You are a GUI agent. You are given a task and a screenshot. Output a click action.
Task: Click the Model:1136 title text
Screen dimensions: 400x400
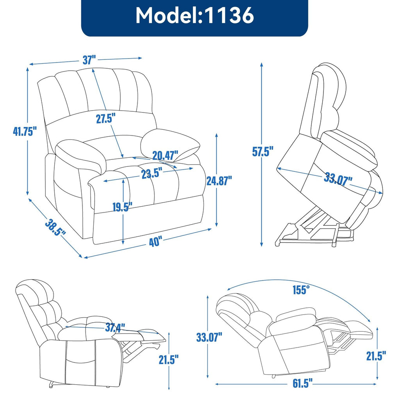point(195,16)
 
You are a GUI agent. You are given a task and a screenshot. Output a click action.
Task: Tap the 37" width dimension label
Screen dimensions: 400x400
point(89,60)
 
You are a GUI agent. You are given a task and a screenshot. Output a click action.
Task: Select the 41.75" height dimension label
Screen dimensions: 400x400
point(25,132)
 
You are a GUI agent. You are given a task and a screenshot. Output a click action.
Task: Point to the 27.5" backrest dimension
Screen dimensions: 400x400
point(106,118)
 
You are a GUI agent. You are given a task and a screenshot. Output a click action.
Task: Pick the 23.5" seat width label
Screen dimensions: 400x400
point(152,174)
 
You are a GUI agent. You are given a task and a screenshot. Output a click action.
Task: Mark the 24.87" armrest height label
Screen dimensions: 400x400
point(219,180)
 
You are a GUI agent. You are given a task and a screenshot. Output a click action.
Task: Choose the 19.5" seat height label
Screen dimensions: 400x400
point(123,207)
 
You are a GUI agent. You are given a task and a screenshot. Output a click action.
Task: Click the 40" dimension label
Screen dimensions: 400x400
point(155,242)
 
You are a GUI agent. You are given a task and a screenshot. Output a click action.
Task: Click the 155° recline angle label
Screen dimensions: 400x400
point(301,290)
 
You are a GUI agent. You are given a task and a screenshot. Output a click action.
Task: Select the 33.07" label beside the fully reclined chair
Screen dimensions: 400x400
point(209,336)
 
